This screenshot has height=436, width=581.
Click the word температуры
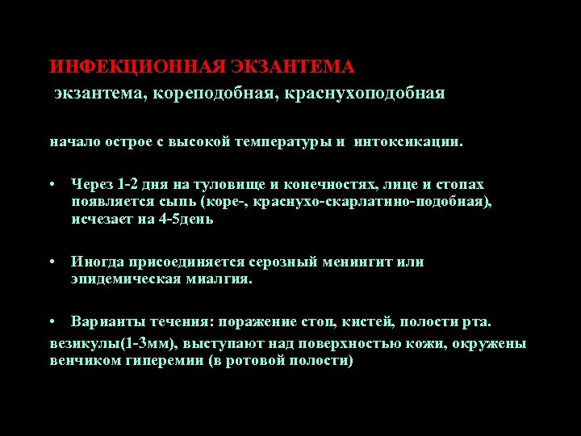coord(282,143)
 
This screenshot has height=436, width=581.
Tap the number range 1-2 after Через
coord(127,185)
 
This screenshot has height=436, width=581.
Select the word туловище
coord(216,185)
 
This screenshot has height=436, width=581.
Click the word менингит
coord(354,262)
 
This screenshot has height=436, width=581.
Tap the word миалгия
coord(219,279)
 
